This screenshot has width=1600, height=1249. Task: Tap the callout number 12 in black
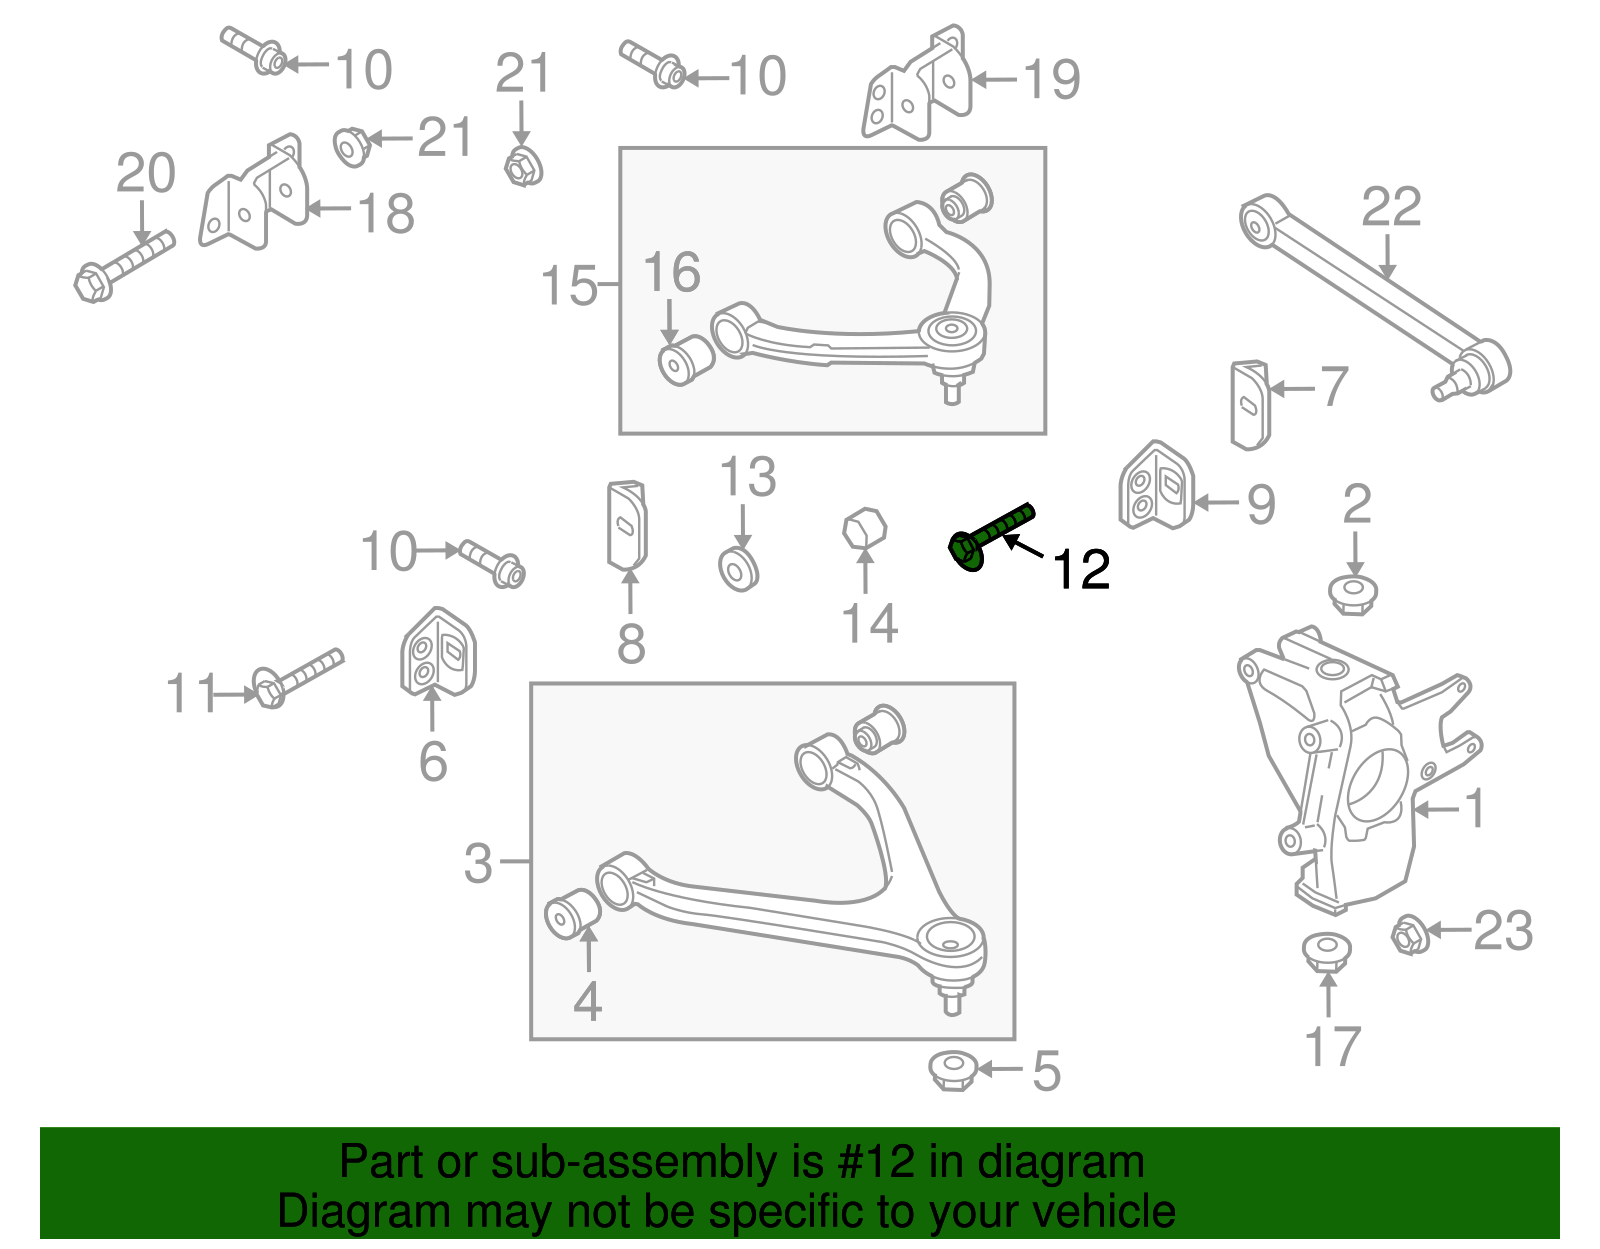1081,570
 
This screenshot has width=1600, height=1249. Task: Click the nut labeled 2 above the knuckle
1353,594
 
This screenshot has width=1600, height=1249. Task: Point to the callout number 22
1390,208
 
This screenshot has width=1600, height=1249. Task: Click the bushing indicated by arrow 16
685,361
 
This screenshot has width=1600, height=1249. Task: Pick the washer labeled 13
739,570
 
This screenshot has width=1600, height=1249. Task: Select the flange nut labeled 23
1408,934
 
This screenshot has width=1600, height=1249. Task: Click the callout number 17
1332,1046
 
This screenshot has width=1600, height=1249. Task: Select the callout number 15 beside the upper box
568,286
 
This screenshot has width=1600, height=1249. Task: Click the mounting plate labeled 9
1156,487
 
